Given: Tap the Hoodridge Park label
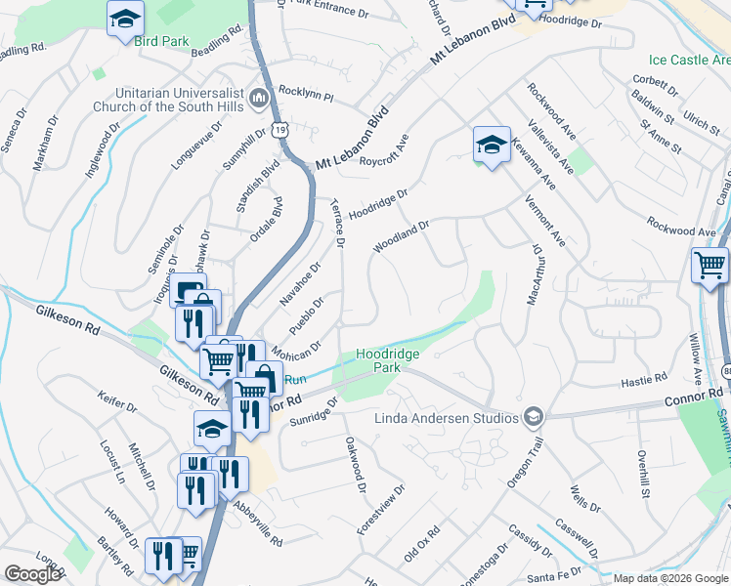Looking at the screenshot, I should coord(379,359).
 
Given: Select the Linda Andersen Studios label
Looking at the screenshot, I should coord(446,418).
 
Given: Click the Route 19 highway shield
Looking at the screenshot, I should coord(281,129).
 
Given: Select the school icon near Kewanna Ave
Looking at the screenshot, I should coord(491,146).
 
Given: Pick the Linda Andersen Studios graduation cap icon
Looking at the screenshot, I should coord(533,417).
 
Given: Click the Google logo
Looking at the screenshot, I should coord(33,574).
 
